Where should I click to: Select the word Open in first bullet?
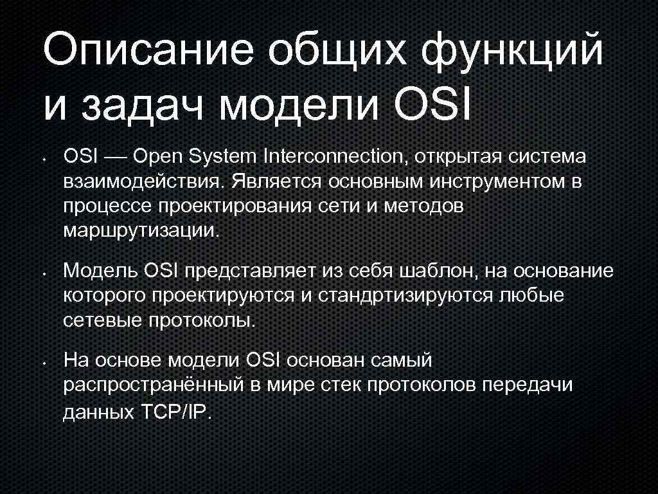tap(159, 157)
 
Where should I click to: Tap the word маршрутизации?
tap(141, 232)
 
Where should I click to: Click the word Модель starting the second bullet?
tap(99, 271)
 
